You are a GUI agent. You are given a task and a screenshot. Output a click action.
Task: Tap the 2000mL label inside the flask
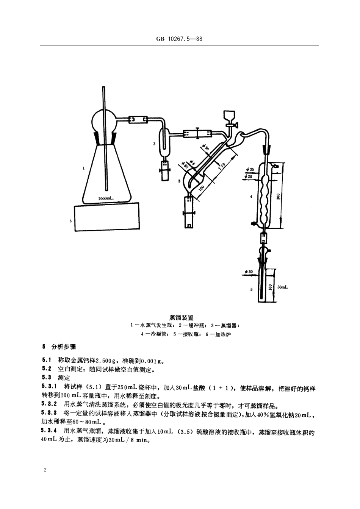click(x=106, y=198)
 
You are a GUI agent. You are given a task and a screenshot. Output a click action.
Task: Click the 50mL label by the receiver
click(x=282, y=287)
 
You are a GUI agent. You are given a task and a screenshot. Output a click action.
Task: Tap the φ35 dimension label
click(x=249, y=169)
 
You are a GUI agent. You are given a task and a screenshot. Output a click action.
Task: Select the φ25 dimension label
click(x=249, y=176)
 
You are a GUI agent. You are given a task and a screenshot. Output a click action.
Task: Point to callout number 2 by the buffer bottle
click(x=154, y=144)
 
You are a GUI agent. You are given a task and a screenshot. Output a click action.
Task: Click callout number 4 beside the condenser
click(x=251, y=197)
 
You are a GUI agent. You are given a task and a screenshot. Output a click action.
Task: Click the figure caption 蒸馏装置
click(x=179, y=317)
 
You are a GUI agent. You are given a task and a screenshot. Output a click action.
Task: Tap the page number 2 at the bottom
click(x=45, y=470)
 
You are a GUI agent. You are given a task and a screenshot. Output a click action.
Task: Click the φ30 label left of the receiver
click(x=249, y=272)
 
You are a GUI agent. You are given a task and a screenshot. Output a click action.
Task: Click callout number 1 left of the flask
click(x=84, y=168)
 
